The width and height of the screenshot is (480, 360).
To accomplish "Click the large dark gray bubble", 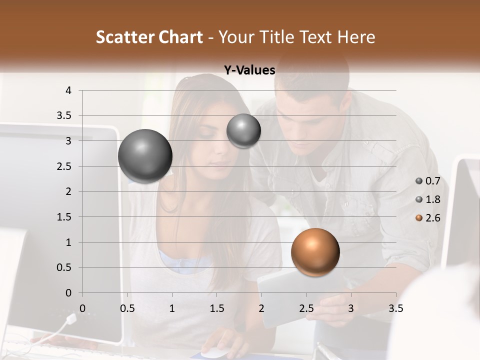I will coord(145,156).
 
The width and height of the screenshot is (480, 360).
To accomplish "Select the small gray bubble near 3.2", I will coord(243,130).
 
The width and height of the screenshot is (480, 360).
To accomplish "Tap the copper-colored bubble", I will coord(315,252).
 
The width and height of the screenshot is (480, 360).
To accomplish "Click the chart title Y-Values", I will coord(249,70).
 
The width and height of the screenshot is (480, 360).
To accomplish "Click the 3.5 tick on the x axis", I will coord(395,308).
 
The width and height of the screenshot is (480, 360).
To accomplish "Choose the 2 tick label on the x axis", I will coord(261,308).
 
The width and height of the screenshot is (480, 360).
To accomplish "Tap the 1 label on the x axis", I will coord(172,308).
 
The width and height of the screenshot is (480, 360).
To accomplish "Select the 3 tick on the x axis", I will coord(350,308).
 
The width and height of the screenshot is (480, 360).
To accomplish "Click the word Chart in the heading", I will coord(180,37).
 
